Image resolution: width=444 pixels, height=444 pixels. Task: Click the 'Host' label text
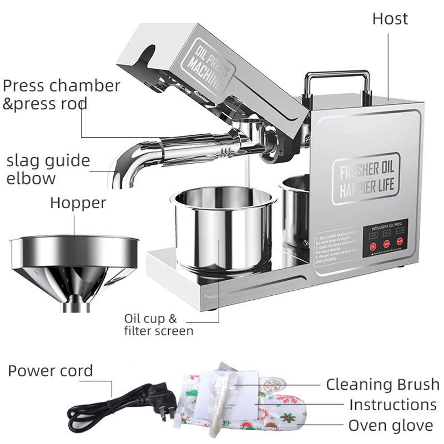(390, 18)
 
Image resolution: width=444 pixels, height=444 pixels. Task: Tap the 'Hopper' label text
(78, 203)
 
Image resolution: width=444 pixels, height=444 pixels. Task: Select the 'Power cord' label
(50, 371)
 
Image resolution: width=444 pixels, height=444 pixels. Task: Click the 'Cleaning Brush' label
(382, 384)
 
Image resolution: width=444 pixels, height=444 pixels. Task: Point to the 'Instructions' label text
(392, 405)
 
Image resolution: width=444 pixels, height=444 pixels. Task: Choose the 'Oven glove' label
(390, 426)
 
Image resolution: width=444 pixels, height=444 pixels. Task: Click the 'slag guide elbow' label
(48, 169)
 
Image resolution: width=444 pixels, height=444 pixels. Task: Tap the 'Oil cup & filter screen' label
(158, 325)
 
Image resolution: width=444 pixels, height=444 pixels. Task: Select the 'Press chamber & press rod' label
(61, 94)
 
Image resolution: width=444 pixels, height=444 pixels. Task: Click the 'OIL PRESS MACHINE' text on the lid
(211, 67)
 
